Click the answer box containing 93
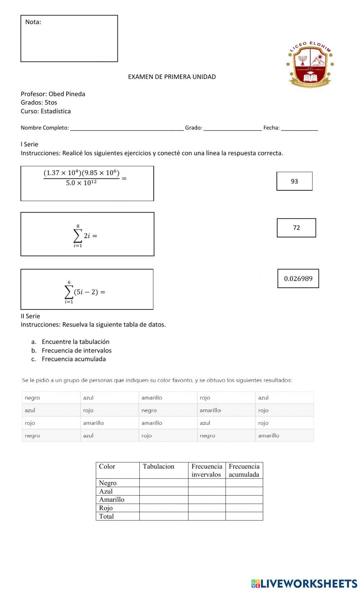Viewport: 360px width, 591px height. pos(294,181)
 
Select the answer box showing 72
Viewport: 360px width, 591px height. pos(296,228)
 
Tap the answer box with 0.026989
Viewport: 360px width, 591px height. pos(298,278)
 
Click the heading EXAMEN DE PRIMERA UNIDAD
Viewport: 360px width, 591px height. pos(172,77)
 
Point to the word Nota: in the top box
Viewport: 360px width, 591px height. pos(33,22)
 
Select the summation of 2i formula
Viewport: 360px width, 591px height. pos(85,236)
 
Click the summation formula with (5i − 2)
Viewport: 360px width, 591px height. pos(85,292)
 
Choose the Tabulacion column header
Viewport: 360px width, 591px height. pos(158,467)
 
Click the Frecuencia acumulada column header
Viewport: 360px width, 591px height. pos(244,470)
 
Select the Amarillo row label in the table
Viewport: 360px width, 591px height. pos(112,500)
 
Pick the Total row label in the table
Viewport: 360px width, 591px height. pos(106,516)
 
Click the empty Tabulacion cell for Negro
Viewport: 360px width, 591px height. pos(163,483)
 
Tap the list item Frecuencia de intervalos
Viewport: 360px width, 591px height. pos(76,350)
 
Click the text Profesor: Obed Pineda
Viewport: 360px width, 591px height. pos(53,94)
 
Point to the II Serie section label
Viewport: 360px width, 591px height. pos(30,316)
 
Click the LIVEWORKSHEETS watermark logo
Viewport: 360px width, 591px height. pos(304,583)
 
